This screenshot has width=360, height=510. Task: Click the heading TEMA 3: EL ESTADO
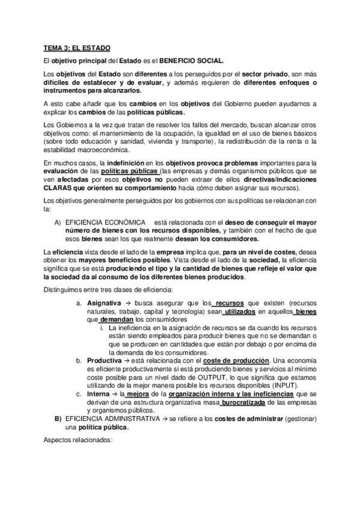pos(76,47)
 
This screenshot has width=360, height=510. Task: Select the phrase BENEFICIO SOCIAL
pos(189,61)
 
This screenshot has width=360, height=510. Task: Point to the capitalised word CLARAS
pos(59,187)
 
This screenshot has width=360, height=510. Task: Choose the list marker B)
pos(58,418)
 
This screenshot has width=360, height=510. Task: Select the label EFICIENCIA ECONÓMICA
pos(105,222)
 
